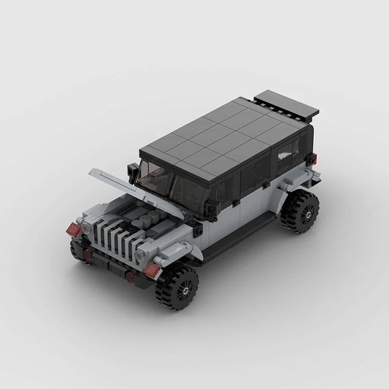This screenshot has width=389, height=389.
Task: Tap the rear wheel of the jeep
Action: tap(300, 212)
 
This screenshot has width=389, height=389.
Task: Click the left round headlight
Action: tap(88, 228)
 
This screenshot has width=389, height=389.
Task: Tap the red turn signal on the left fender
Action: tap(74, 230)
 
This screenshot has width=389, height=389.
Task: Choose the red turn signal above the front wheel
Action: tap(153, 270)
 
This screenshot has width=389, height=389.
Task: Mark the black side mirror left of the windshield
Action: tap(133, 172)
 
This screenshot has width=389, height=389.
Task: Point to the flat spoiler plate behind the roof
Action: tap(285, 105)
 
